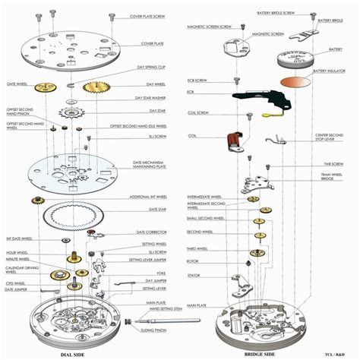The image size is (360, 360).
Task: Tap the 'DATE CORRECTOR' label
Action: (x=152, y=232)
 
